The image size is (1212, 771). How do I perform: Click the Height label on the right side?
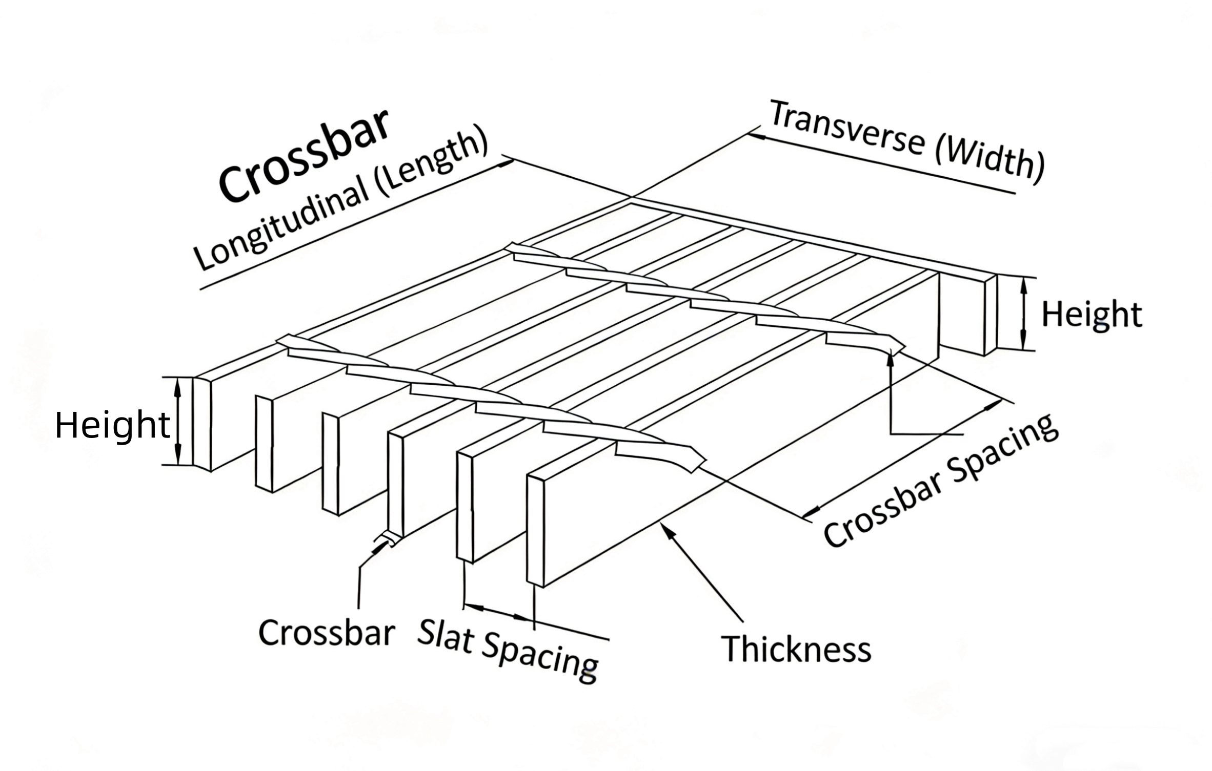click(x=1092, y=315)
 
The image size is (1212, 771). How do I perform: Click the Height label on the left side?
click(x=112, y=425)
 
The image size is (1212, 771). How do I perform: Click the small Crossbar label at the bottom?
click(x=326, y=633)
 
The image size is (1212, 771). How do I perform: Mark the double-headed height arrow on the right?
click(x=1023, y=314)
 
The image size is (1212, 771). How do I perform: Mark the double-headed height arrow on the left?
click(x=178, y=422)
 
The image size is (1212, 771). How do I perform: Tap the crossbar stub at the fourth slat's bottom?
click(x=387, y=539)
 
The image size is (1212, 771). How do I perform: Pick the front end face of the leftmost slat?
click(x=201, y=423)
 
